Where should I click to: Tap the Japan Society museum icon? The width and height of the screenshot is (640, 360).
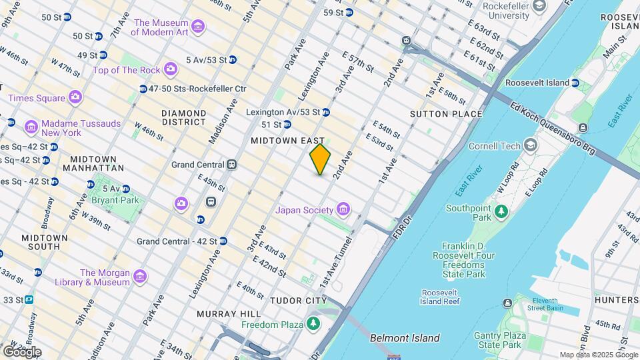pyautogui.click(x=343, y=211)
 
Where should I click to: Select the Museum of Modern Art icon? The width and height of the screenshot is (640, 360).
pyautogui.click(x=197, y=27)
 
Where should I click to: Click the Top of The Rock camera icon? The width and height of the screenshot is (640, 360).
pyautogui.click(x=171, y=69)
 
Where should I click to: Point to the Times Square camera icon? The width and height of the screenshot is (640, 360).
pyautogui.click(x=75, y=97)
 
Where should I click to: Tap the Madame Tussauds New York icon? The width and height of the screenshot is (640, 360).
pyautogui.click(x=31, y=127)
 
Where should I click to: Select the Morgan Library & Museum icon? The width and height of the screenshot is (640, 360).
pyautogui.click(x=139, y=276)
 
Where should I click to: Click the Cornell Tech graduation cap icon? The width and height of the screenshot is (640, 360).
pyautogui.click(x=531, y=145)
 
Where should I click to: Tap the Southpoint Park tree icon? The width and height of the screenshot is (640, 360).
pyautogui.click(x=501, y=211)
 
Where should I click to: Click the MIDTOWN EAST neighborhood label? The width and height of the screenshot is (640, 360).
pyautogui.click(x=287, y=141)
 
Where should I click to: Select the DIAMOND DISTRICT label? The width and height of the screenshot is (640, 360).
pyautogui.click(x=183, y=117)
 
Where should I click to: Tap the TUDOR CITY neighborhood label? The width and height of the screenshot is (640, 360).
pyautogui.click(x=298, y=301)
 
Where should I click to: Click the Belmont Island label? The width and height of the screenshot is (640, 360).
pyautogui.click(x=405, y=338)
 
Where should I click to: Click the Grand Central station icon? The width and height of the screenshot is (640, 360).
pyautogui.click(x=232, y=165)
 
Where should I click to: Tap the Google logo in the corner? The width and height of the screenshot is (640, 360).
pyautogui.click(x=22, y=351)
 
